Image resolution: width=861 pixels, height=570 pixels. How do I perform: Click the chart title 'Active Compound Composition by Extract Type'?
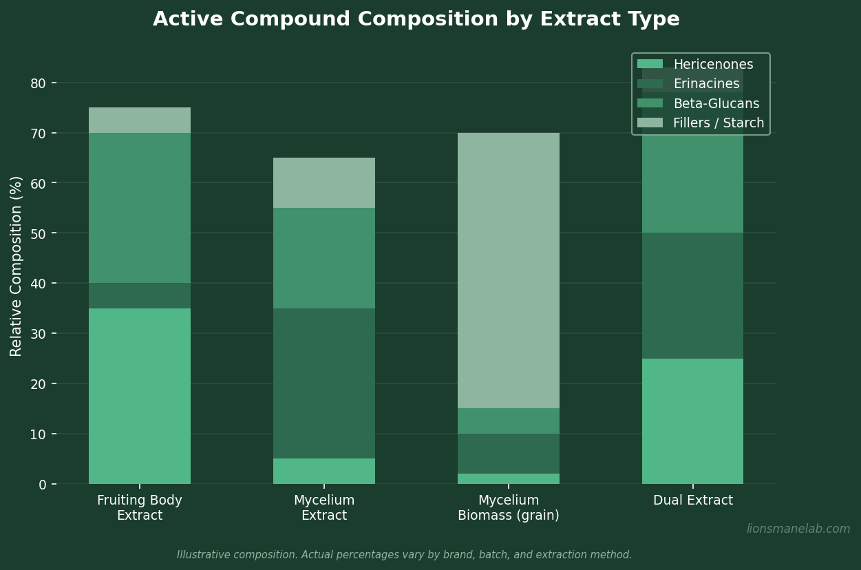(416, 19)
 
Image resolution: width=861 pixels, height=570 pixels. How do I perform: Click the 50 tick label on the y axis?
(38, 233)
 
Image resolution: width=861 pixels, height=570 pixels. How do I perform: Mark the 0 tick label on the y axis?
(42, 485)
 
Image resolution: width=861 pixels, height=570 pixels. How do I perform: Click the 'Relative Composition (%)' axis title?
(17, 266)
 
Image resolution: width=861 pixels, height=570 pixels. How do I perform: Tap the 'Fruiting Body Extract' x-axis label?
(140, 508)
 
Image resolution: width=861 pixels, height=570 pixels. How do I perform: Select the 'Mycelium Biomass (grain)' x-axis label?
(508, 508)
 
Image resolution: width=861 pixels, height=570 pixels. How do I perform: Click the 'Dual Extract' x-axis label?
(692, 500)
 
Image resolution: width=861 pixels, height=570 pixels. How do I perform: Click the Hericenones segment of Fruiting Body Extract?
(140, 396)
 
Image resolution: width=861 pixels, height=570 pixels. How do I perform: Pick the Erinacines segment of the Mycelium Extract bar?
(324, 383)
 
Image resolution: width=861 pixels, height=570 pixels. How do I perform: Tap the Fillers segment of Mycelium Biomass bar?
(508, 271)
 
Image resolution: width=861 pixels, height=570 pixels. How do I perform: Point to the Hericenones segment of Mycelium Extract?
(324, 472)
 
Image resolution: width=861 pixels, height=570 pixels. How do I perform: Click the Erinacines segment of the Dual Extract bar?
(692, 296)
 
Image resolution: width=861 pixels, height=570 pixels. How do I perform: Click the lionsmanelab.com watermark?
(798, 529)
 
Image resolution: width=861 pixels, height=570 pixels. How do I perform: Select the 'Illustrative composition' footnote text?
(404, 555)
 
